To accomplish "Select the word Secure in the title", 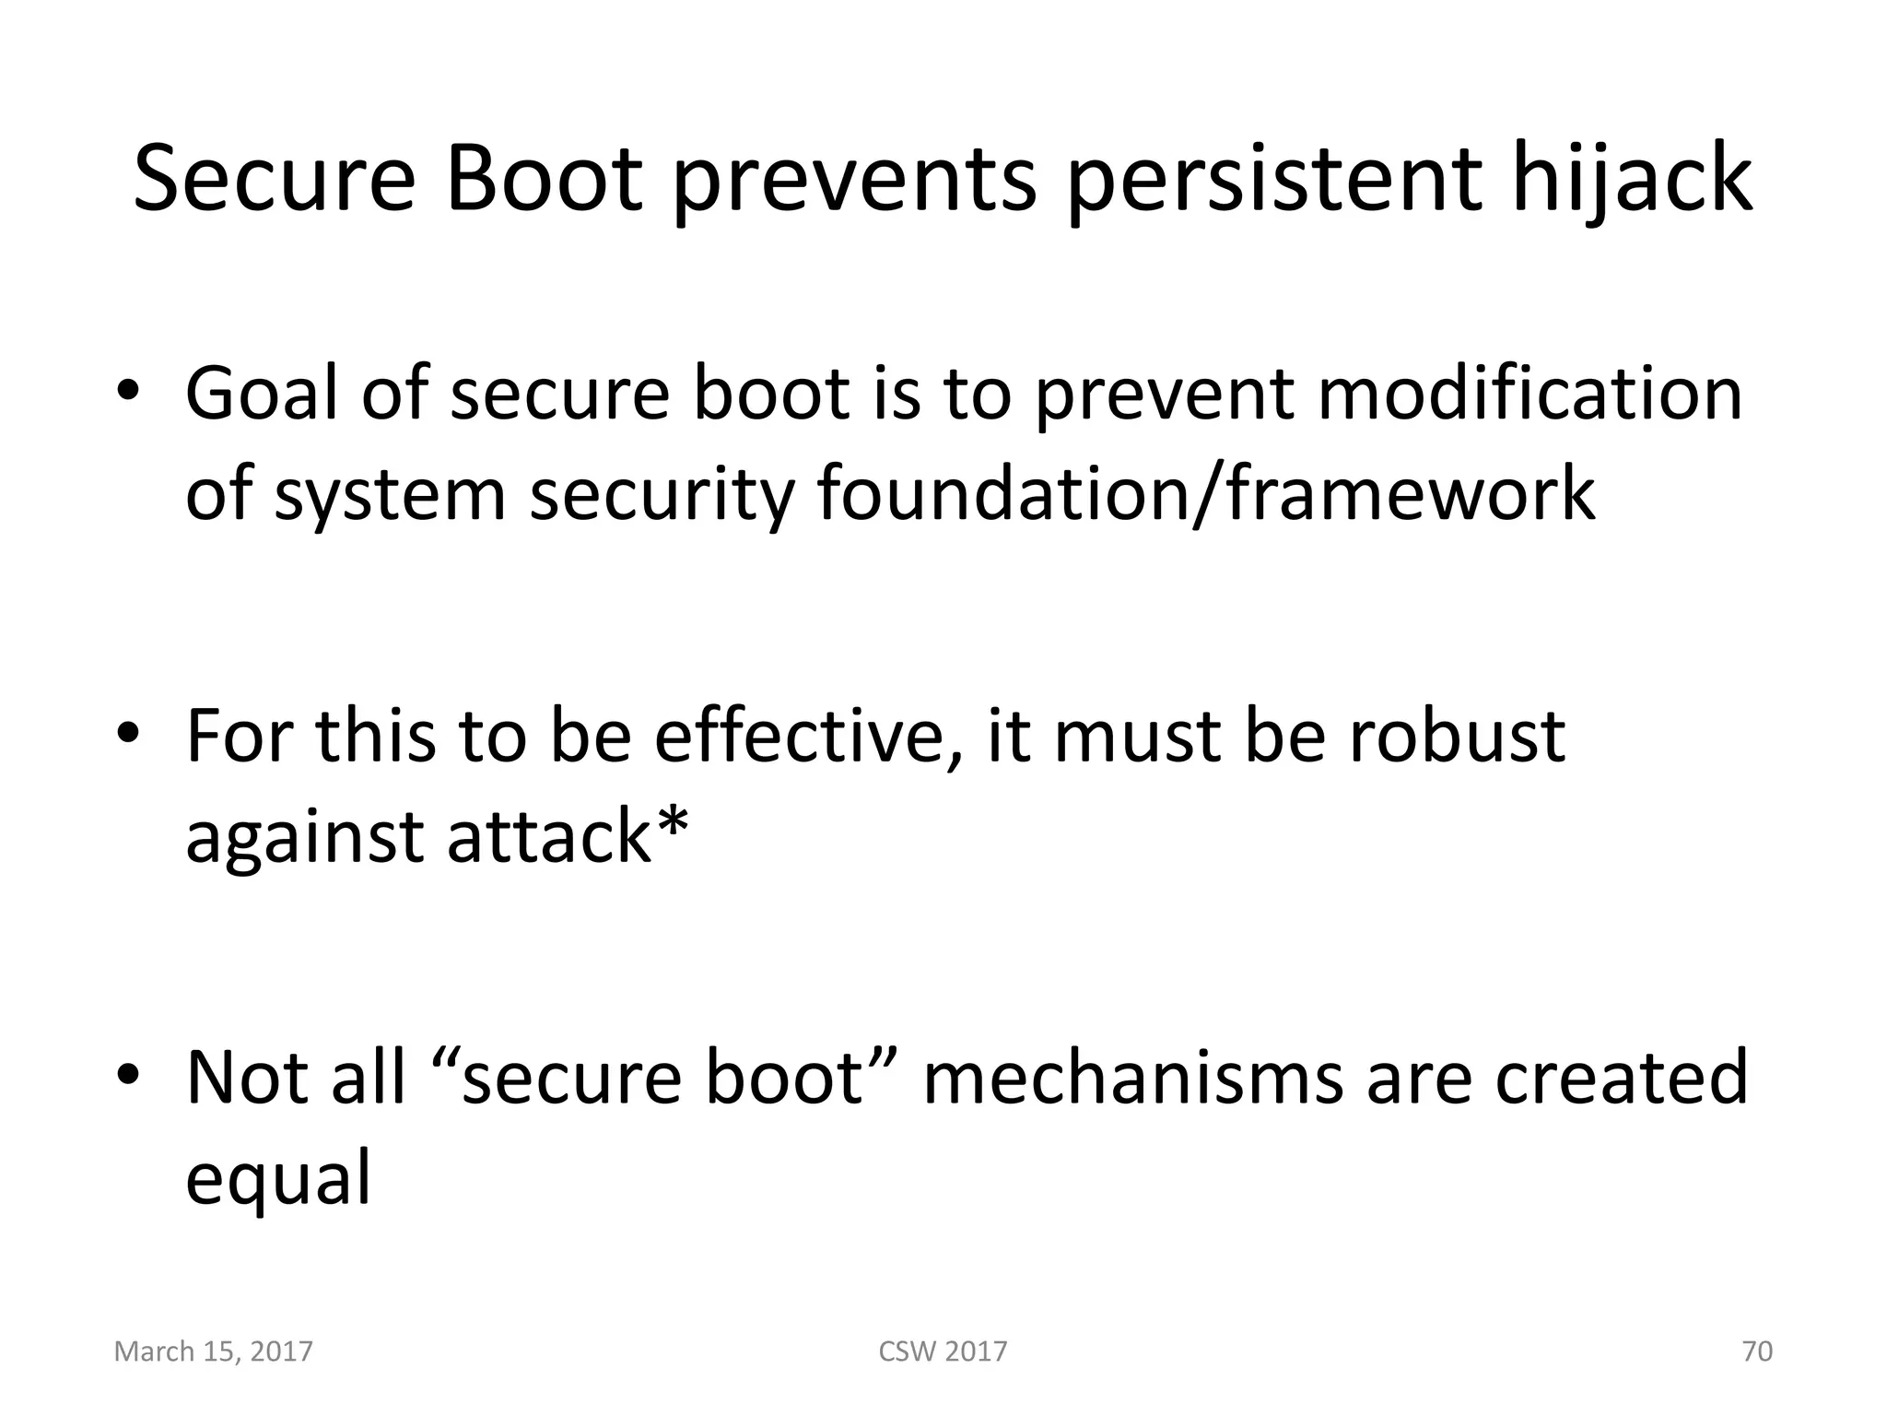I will (275, 180).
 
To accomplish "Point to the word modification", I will (1530, 394).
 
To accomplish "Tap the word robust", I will (1457, 737).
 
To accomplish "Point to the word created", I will (1621, 1078).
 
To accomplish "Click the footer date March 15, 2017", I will (213, 1351).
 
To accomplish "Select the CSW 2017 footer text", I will (943, 1351).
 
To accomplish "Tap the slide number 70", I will (1757, 1351).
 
